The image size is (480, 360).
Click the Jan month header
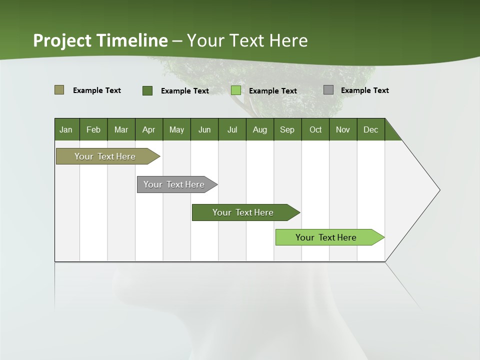pyautogui.click(x=66, y=129)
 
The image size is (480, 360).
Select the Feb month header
pyautogui.click(x=93, y=129)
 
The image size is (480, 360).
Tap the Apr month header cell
pyautogui.click(x=148, y=129)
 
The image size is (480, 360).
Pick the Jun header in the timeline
pyautogui.click(x=204, y=129)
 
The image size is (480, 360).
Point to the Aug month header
pyautogui.click(x=259, y=129)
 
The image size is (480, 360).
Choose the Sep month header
pyautogui.click(x=287, y=129)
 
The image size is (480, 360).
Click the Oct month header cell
pyautogui.click(x=315, y=129)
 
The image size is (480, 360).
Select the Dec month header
pyautogui.click(x=370, y=129)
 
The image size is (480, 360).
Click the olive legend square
pyautogui.click(x=59, y=90)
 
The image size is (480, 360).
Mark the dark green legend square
pyautogui.click(x=147, y=90)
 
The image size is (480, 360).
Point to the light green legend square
pyautogui.click(x=236, y=90)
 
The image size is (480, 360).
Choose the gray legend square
pyautogui.click(x=328, y=90)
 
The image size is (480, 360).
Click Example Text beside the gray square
pyautogui.click(x=364, y=90)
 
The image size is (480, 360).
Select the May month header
pyautogui.click(x=176, y=129)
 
